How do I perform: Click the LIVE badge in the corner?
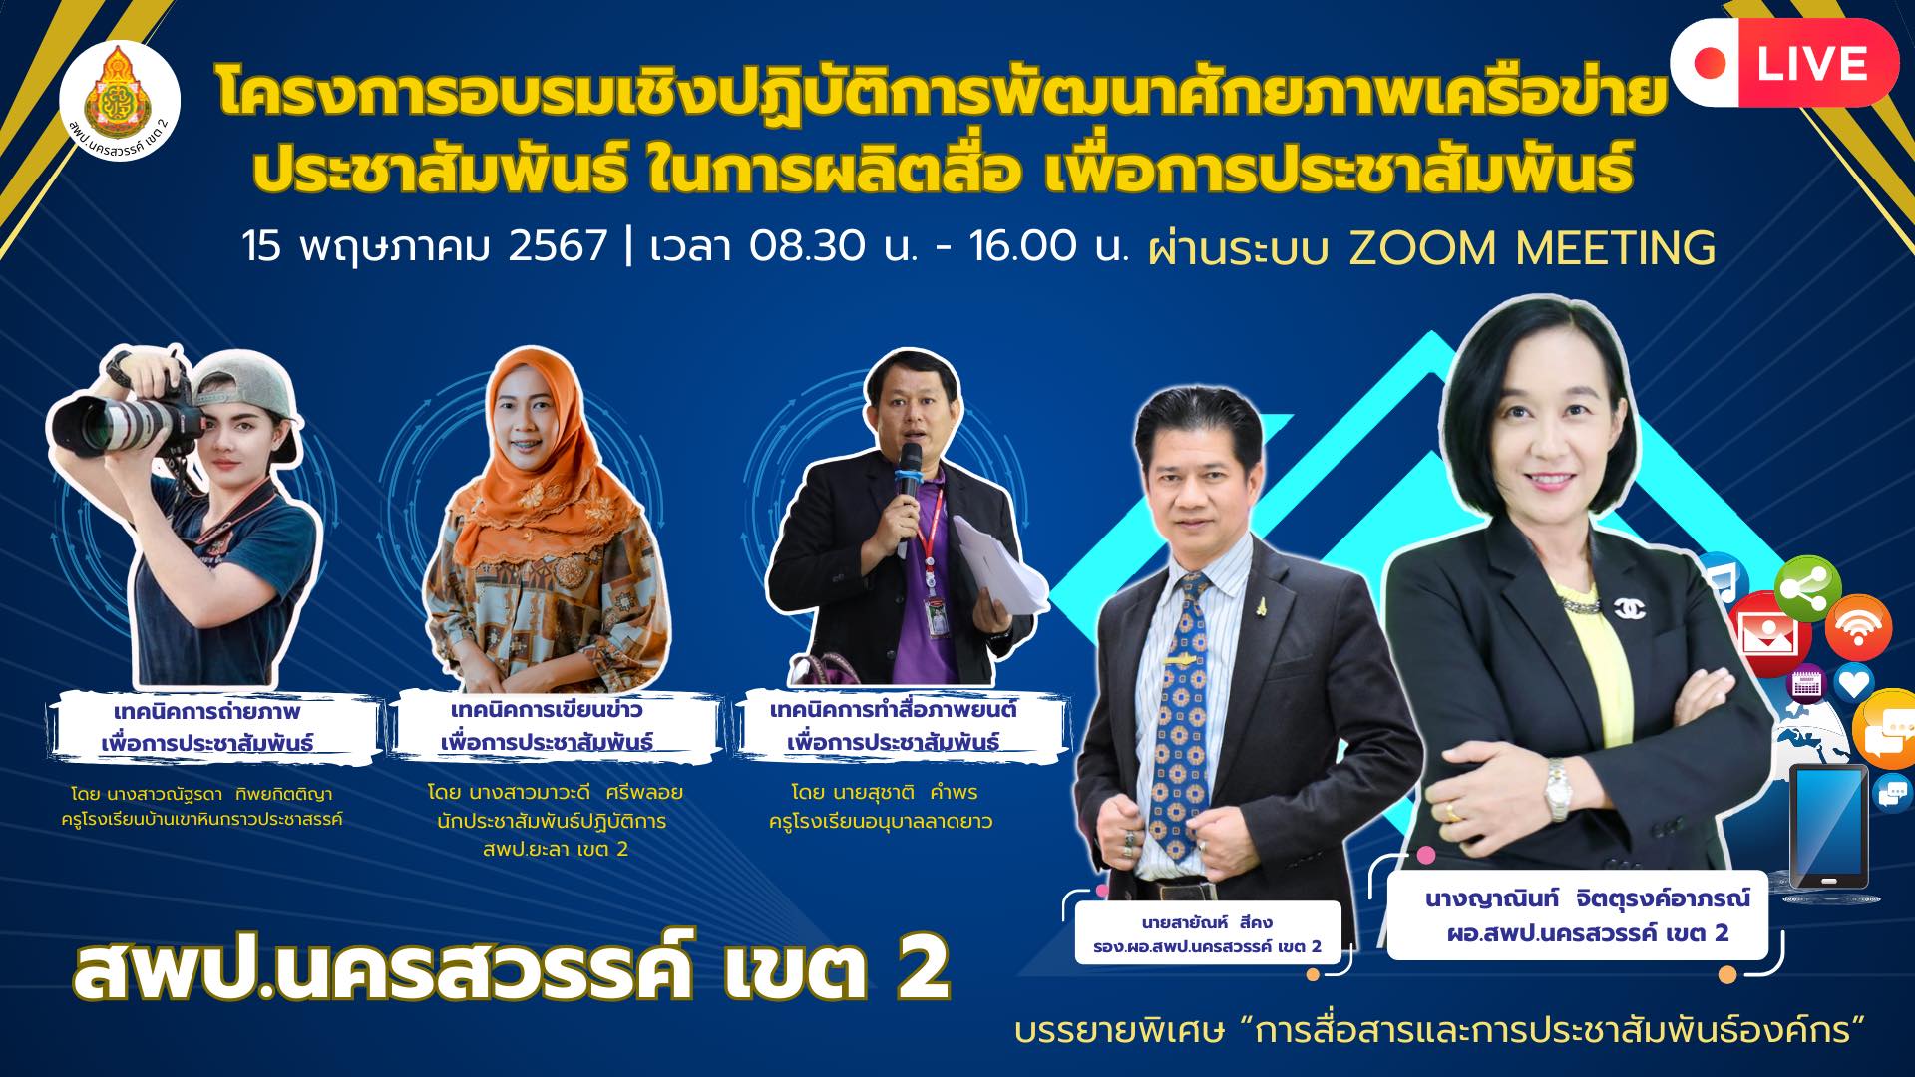click(x=1784, y=62)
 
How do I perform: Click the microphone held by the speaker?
click(x=909, y=479)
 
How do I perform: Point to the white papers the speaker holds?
click(x=997, y=578)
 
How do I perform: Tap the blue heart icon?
click(x=1854, y=684)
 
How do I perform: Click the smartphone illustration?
click(x=1828, y=827)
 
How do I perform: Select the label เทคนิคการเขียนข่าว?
click(x=546, y=711)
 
